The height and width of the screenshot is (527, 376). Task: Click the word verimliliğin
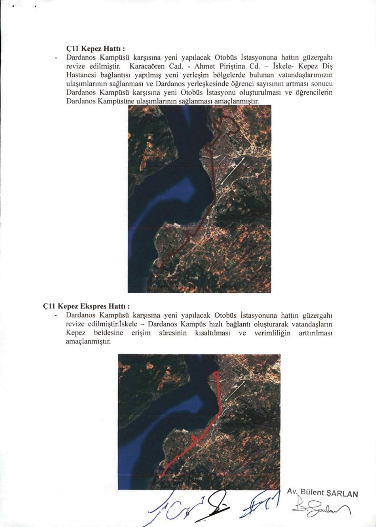pos(272,333)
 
